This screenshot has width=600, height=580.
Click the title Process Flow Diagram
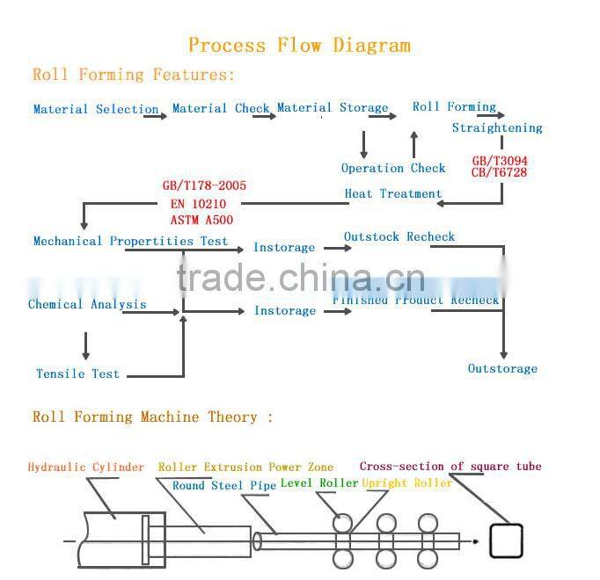click(299, 45)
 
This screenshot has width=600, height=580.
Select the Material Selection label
click(96, 110)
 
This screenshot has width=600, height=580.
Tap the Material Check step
click(221, 109)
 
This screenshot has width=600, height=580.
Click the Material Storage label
click(333, 108)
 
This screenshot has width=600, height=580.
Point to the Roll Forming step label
click(454, 107)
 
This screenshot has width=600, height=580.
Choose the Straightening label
click(497, 128)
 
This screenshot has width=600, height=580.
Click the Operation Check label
click(393, 169)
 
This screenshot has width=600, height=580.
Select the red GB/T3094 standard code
click(500, 161)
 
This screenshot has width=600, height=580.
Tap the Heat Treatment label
click(393, 194)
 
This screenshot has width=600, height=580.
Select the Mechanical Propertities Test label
click(130, 241)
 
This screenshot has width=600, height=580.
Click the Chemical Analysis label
click(87, 305)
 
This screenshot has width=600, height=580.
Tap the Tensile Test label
click(77, 373)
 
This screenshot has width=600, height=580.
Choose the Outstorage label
click(502, 369)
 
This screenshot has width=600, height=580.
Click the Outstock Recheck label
click(399, 237)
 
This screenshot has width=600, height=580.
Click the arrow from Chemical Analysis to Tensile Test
click(85, 344)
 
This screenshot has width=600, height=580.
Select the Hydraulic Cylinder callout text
click(85, 468)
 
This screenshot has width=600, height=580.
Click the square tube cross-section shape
click(506, 541)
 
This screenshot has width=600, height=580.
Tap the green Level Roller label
click(319, 483)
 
